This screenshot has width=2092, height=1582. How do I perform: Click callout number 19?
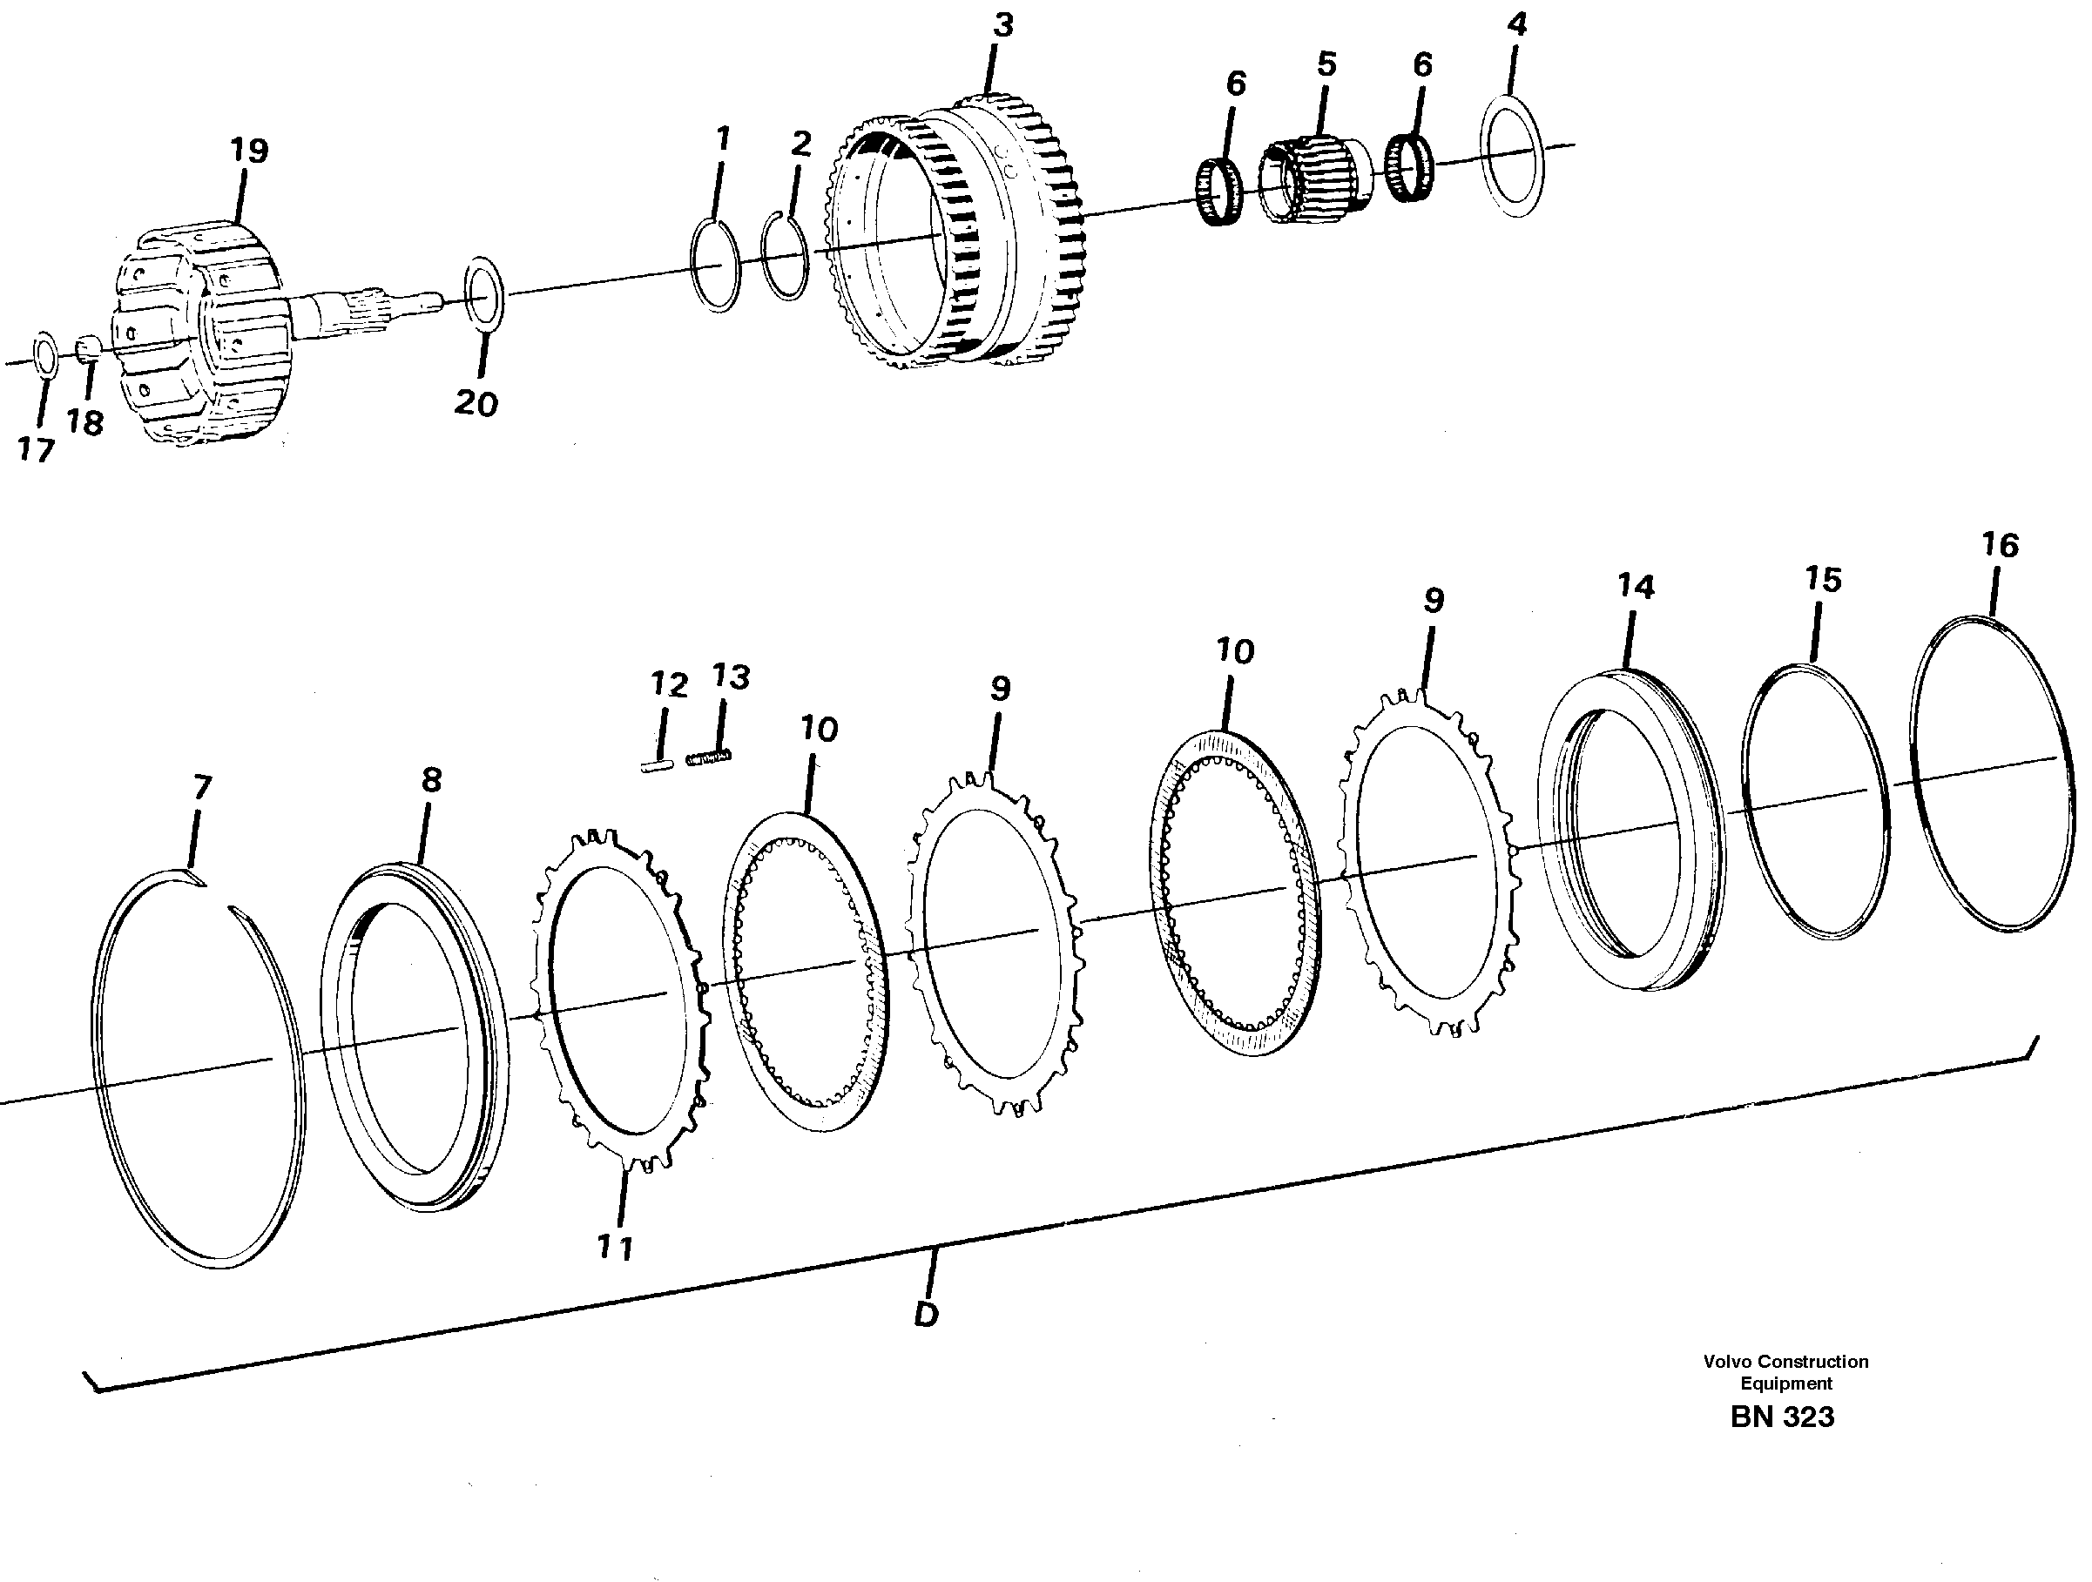point(250,151)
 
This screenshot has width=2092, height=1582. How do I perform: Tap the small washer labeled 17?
point(44,353)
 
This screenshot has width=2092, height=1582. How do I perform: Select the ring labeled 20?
point(484,305)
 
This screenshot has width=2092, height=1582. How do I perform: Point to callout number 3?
point(1002,25)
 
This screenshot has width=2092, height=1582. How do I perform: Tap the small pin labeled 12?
point(654,766)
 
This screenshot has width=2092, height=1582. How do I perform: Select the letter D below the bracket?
point(927,1314)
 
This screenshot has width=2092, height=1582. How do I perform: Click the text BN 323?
point(1782,1443)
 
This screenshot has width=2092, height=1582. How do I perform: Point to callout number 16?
point(2000,545)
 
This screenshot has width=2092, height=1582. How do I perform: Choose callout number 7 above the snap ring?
point(201,787)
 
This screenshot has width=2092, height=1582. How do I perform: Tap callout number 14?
point(1636,586)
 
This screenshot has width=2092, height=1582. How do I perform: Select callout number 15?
point(1823,579)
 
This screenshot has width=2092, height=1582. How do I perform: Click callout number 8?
point(430,780)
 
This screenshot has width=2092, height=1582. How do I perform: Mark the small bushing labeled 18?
point(87,351)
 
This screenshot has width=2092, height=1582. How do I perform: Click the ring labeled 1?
point(716,265)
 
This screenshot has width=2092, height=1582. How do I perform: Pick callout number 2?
point(800,144)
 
